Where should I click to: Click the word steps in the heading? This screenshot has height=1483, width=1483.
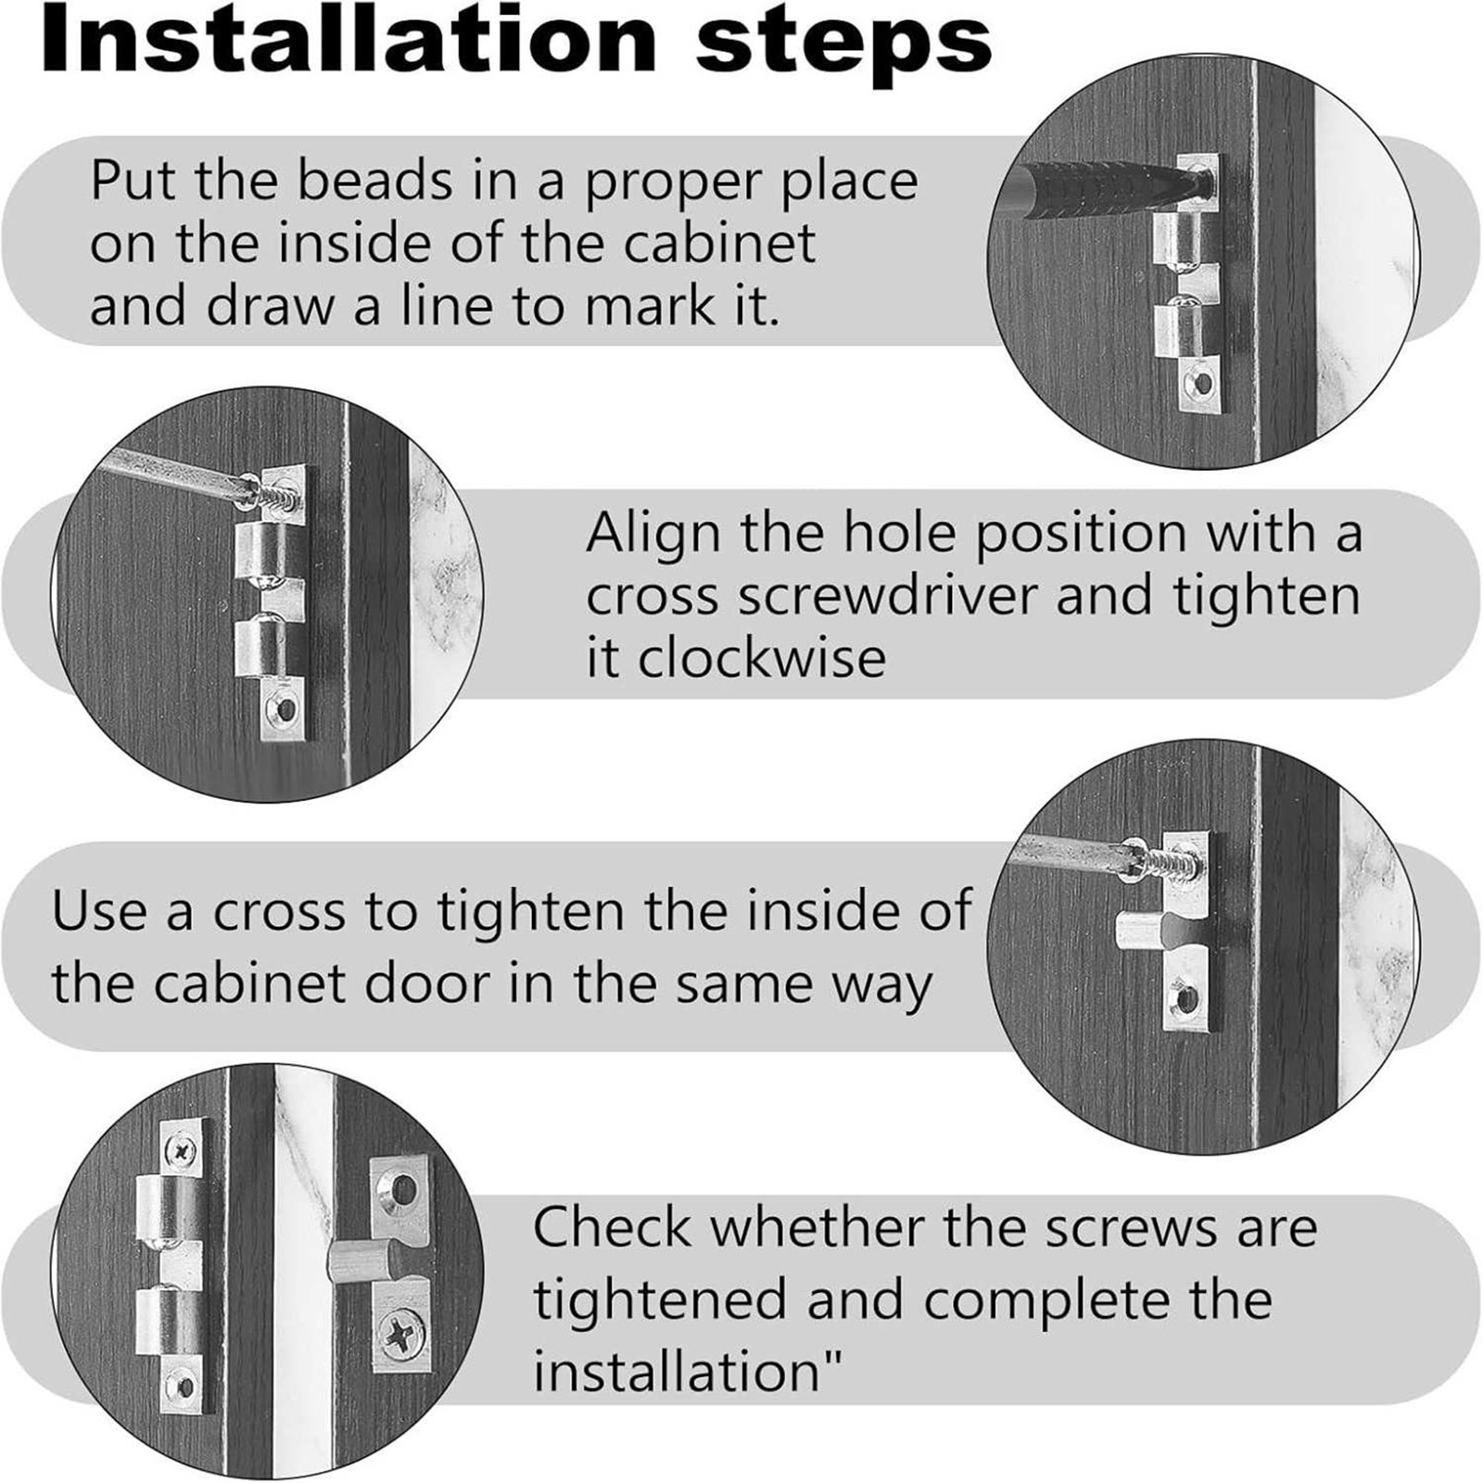click(x=843, y=46)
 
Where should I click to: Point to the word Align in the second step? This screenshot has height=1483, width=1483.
click(x=653, y=536)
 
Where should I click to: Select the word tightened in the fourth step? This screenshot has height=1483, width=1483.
click(x=658, y=1299)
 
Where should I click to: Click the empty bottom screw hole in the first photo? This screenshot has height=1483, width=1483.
click(x=1203, y=382)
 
